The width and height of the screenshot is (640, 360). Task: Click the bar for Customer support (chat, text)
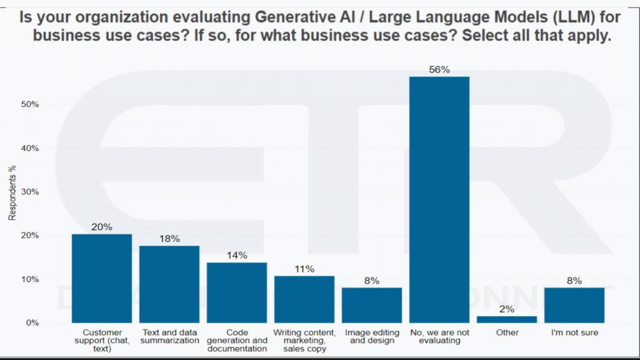[x=102, y=278]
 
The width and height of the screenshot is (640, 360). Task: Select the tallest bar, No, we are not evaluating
[x=439, y=199]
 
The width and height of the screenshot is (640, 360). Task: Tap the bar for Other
[x=507, y=319]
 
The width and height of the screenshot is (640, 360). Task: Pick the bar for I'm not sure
[x=574, y=305]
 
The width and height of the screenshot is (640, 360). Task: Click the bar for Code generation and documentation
[x=237, y=292]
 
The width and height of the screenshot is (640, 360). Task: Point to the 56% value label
[x=439, y=70]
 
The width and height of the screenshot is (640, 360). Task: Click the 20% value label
[x=102, y=227]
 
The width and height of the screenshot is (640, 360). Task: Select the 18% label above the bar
[x=169, y=239]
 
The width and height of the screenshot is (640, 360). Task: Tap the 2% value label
[x=507, y=309]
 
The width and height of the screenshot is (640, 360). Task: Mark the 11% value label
[x=304, y=269]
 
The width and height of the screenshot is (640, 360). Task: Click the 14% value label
[x=237, y=255]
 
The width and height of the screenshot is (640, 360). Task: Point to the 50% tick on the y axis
[x=29, y=104]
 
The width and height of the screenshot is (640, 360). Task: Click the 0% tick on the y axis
[x=32, y=323]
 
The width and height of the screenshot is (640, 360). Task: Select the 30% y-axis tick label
[x=29, y=192]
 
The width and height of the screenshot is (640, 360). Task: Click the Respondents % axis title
[x=11, y=192]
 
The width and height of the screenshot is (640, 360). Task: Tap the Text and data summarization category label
[x=169, y=336]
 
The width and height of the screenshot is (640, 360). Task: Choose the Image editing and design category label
[x=372, y=336]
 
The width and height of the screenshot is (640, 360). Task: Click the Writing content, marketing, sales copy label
[x=304, y=341]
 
